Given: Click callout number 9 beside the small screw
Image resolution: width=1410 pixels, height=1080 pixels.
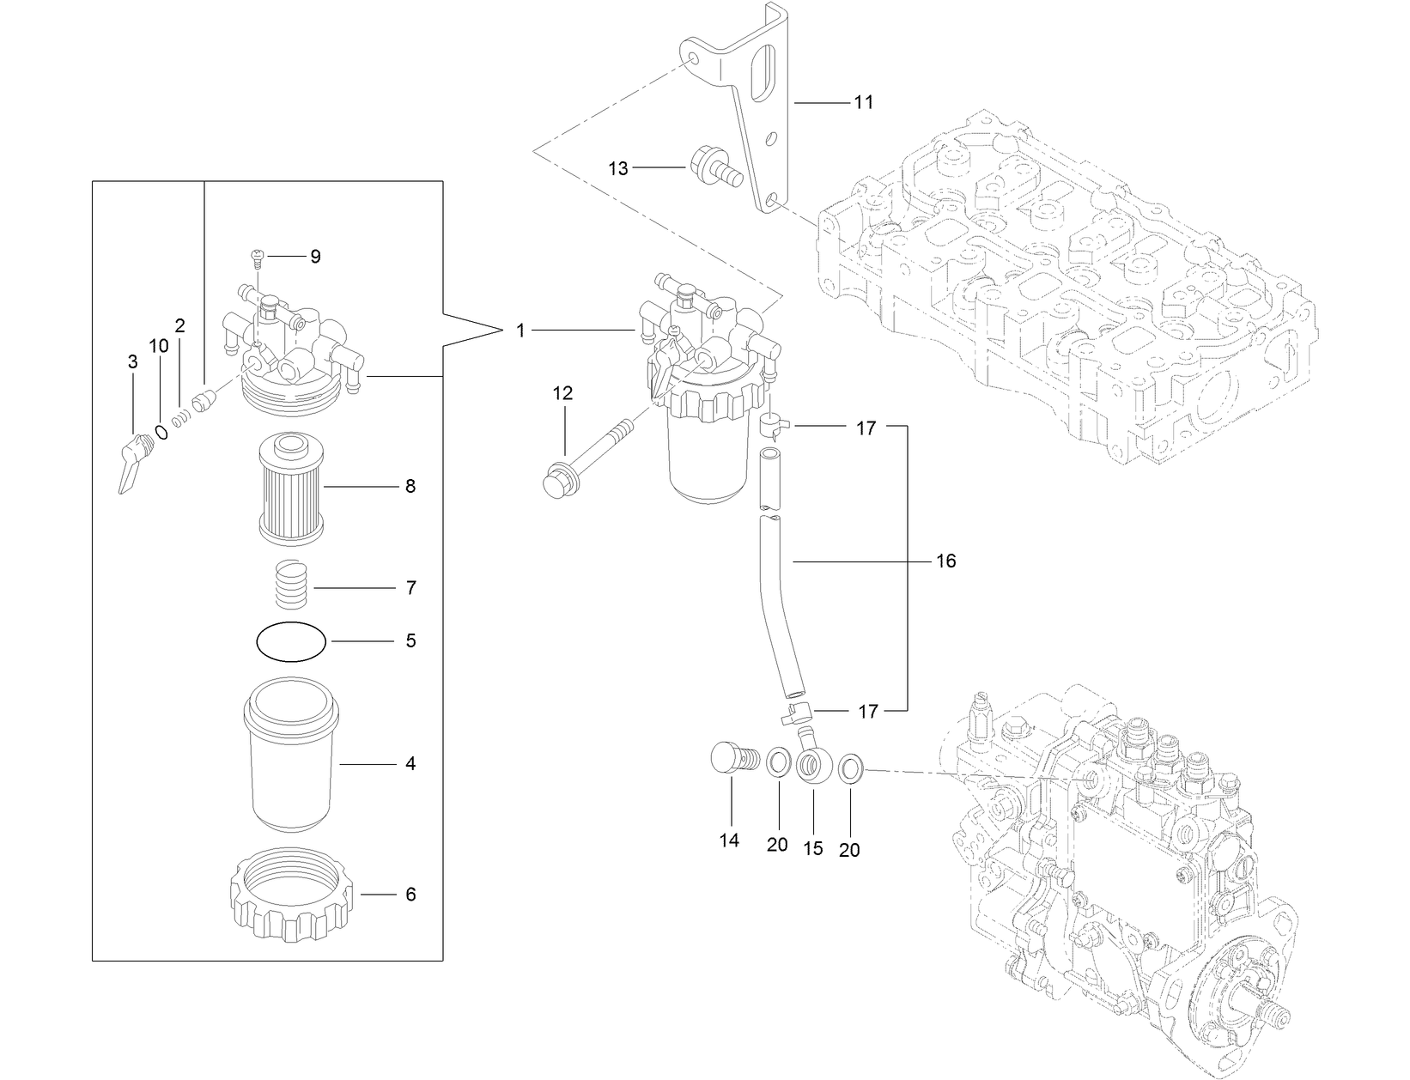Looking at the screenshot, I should click(315, 256).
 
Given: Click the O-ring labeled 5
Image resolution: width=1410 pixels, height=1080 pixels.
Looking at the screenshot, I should click(291, 642).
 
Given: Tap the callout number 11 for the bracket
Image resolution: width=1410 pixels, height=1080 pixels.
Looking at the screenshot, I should click(863, 102).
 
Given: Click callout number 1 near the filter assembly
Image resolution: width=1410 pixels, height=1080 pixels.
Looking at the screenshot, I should click(520, 330).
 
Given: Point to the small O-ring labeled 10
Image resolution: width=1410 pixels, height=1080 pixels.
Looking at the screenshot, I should click(161, 429).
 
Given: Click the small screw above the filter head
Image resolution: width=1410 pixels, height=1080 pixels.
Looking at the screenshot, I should click(257, 254).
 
